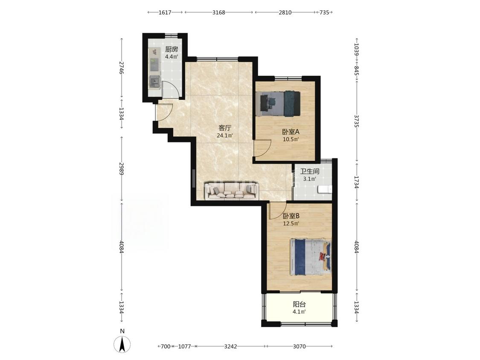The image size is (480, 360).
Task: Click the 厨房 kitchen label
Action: (x=172, y=49)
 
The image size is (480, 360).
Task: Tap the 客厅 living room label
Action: (x=225, y=128)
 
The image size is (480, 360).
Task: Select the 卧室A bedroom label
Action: (x=291, y=132)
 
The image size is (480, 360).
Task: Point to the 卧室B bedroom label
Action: (x=291, y=216)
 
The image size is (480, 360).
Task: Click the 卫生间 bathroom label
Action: (x=309, y=171)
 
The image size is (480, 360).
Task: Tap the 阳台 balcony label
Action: (x=300, y=305)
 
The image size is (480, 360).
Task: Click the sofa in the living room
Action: (x=232, y=190)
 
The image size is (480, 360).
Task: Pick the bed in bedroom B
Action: (x=311, y=256)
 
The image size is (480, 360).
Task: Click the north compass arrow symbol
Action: (x=122, y=344)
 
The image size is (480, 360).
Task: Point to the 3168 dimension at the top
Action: (x=219, y=12)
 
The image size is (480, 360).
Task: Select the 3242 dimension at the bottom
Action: (x=230, y=346)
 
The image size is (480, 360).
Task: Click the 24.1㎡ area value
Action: (x=225, y=136)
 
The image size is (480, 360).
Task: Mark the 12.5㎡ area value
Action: (x=291, y=224)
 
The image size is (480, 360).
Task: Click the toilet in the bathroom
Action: (x=325, y=189)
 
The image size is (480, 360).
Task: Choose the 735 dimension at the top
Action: (x=324, y=12)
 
